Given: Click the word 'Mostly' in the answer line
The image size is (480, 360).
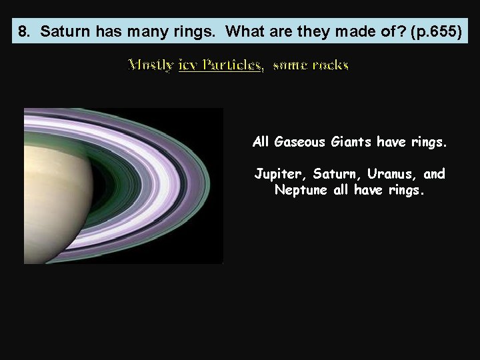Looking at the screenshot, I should pos(151,65).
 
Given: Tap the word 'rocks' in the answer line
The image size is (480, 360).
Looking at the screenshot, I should pos(329,65).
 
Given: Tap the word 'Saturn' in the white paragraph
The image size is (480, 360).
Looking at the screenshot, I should pos(332,174).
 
